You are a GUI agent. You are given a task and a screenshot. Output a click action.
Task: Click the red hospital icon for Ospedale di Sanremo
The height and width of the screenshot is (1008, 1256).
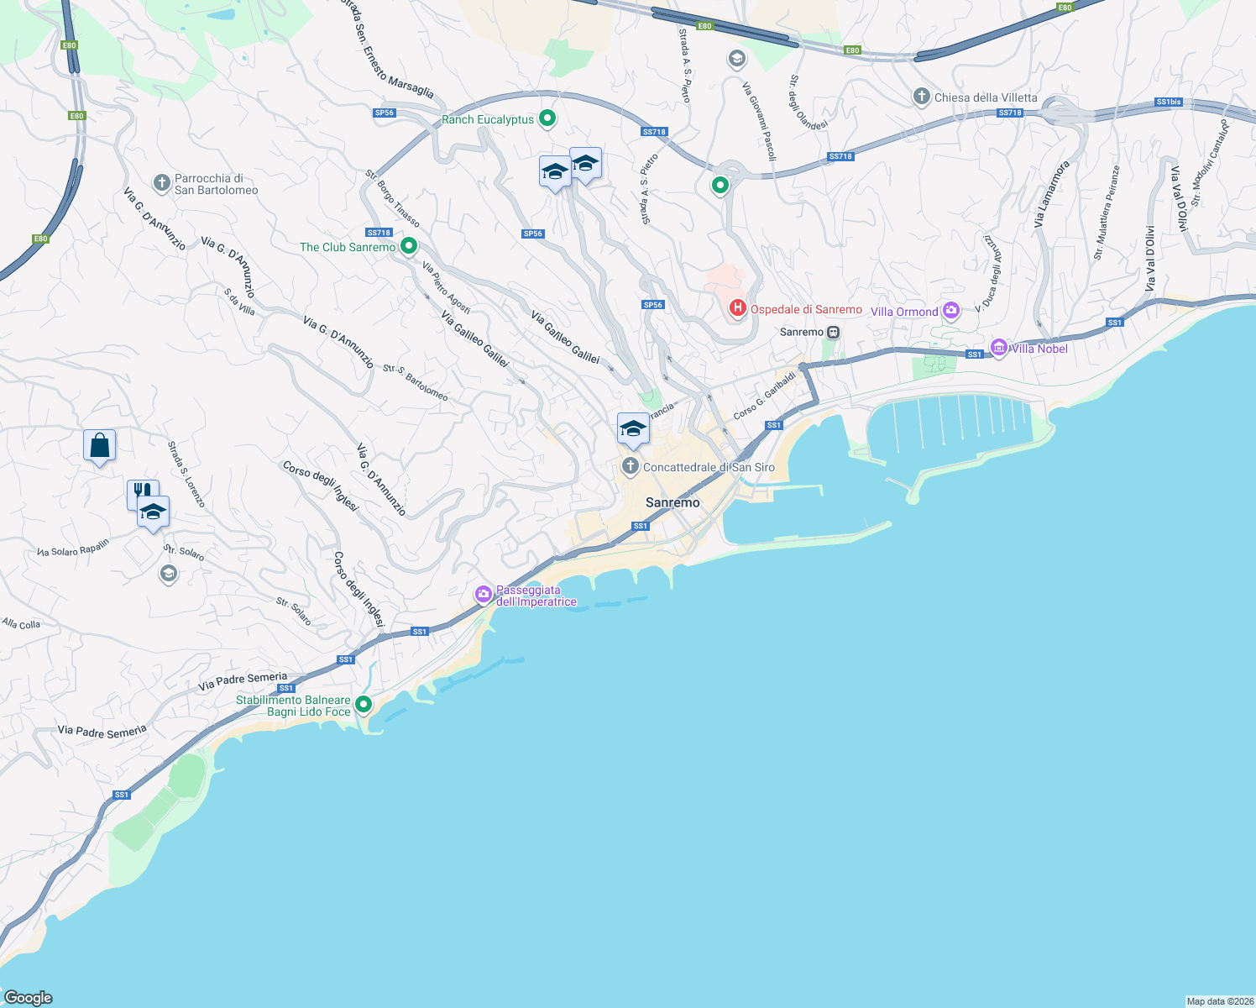tap(737, 309)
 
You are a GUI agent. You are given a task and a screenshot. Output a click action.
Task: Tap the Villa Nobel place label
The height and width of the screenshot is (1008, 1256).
tap(1040, 349)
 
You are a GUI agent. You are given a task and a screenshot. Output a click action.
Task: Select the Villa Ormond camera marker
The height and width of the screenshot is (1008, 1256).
tap(950, 311)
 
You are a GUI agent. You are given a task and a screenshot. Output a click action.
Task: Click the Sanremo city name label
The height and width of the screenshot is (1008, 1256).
tap(672, 502)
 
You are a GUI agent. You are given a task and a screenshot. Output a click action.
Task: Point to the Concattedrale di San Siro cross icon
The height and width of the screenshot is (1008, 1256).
tap(631, 466)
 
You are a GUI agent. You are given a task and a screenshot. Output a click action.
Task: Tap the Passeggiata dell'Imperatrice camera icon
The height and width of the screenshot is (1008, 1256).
tap(484, 595)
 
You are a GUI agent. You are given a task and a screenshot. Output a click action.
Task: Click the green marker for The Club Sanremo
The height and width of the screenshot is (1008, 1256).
tap(409, 246)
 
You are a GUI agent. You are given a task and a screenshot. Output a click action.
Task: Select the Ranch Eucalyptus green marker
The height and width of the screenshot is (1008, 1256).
tap(547, 118)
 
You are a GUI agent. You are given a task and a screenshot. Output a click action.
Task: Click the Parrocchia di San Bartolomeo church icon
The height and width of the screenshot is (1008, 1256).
tap(162, 182)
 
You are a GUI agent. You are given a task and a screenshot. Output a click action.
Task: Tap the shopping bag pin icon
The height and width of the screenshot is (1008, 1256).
tap(99, 445)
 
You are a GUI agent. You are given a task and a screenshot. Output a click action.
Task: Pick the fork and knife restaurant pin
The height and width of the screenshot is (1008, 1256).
tap(140, 491)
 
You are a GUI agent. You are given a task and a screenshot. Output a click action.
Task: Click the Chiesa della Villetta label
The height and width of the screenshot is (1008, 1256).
tap(986, 97)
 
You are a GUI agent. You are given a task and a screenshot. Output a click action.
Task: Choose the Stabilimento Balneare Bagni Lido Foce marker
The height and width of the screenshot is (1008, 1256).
tap(364, 704)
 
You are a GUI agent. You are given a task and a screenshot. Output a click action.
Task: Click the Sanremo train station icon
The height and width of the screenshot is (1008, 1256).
tap(833, 332)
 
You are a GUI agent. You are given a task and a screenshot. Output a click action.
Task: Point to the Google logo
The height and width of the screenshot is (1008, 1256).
tap(29, 998)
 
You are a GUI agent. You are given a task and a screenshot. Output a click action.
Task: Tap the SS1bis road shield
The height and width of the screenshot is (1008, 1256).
tap(1168, 102)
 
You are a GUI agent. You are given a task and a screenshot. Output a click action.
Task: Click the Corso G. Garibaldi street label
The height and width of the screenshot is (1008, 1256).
tap(764, 396)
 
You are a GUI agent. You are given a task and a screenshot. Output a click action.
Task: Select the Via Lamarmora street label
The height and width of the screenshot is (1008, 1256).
tap(1051, 194)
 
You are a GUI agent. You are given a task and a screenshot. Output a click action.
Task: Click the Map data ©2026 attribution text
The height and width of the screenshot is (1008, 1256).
tap(1219, 1001)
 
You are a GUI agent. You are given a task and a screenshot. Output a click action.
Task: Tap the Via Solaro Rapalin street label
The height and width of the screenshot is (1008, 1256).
tap(73, 548)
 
